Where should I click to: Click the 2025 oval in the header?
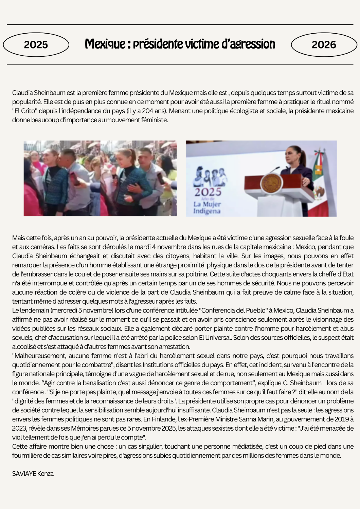pyautogui.click(x=36, y=44)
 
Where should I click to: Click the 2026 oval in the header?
pyautogui.click(x=324, y=44)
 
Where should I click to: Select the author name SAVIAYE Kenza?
pyautogui.click(x=33, y=474)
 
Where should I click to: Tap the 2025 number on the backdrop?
pyautogui.click(x=208, y=192)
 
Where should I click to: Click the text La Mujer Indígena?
pyautogui.click(x=207, y=208)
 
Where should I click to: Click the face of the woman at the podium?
pyautogui.click(x=291, y=154)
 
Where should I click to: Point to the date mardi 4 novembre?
pyautogui.click(x=157, y=247)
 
